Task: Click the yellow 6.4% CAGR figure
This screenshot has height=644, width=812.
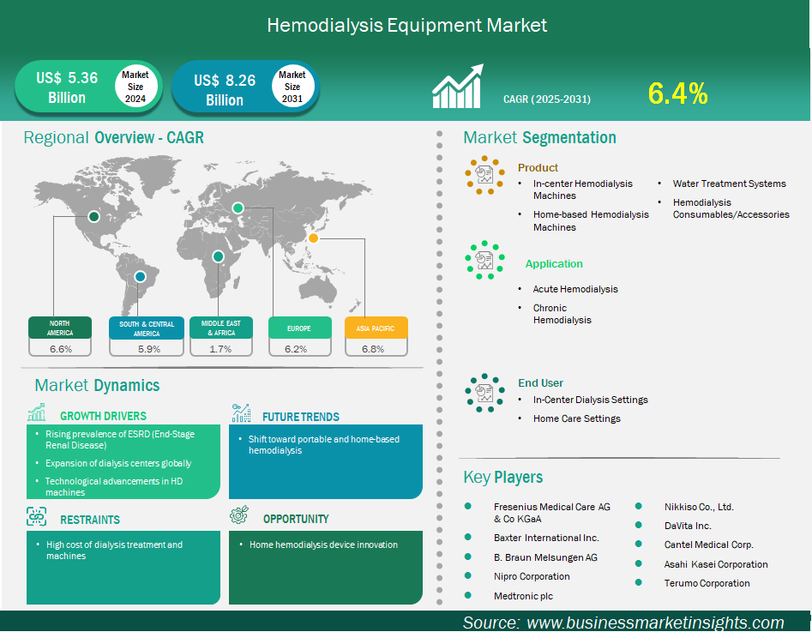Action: point(677,93)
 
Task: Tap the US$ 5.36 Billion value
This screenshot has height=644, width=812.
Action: point(67,87)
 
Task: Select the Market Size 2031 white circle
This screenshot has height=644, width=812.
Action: point(292,86)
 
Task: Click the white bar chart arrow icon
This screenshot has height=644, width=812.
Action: point(458,86)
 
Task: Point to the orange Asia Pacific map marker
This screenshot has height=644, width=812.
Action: point(313,238)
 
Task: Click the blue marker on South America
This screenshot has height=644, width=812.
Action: point(140,277)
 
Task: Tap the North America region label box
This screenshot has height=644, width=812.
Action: point(60,328)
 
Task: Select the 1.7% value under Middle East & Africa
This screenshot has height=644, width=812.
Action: point(220,349)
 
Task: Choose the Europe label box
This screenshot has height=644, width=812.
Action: point(300,328)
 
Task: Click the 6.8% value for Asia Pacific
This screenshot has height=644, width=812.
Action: point(373,349)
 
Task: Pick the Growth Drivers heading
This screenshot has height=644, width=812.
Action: point(103,416)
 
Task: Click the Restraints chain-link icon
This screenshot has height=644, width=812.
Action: point(36,516)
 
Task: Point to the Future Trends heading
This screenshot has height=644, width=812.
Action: point(301,417)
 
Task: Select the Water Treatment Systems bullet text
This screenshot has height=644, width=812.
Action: point(729,184)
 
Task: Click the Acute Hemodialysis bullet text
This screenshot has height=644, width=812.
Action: point(575,289)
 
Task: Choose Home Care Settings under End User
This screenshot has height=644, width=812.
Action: point(577,418)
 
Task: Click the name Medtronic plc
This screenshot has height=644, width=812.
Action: point(524,596)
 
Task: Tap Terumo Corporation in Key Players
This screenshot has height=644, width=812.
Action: point(707,583)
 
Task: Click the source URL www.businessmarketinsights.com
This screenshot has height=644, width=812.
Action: point(655,623)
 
